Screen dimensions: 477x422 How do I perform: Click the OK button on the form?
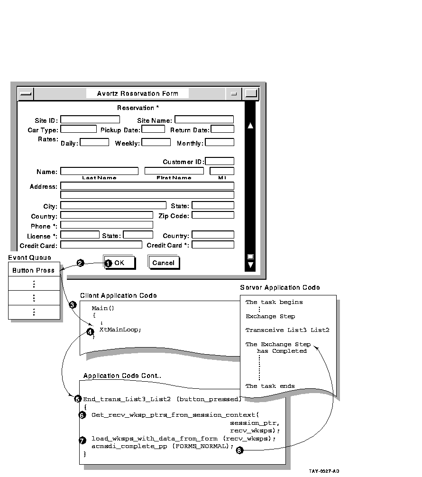coord(120,263)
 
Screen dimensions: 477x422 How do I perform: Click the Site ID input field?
coord(90,120)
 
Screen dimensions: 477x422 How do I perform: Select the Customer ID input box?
coord(220,162)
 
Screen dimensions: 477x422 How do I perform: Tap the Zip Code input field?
coord(213,215)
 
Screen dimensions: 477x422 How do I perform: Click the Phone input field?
coord(107,225)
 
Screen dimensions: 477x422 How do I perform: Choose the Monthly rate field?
coord(220,142)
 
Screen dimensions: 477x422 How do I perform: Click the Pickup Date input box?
coord(153,129)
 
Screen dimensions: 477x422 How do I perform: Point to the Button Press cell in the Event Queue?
coord(34,270)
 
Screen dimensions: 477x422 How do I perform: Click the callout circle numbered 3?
coord(73,305)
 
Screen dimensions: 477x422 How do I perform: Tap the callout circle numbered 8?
coord(239,450)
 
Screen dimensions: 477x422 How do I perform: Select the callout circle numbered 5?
coord(78,399)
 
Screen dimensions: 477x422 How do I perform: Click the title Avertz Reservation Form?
coord(138,93)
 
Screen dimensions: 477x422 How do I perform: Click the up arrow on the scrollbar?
coord(250,126)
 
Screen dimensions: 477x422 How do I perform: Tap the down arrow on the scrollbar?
coord(250,265)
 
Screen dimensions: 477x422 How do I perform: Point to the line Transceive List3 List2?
coord(287,330)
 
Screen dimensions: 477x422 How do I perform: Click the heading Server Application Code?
coord(280,287)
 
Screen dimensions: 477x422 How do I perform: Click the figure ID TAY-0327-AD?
coord(324,471)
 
